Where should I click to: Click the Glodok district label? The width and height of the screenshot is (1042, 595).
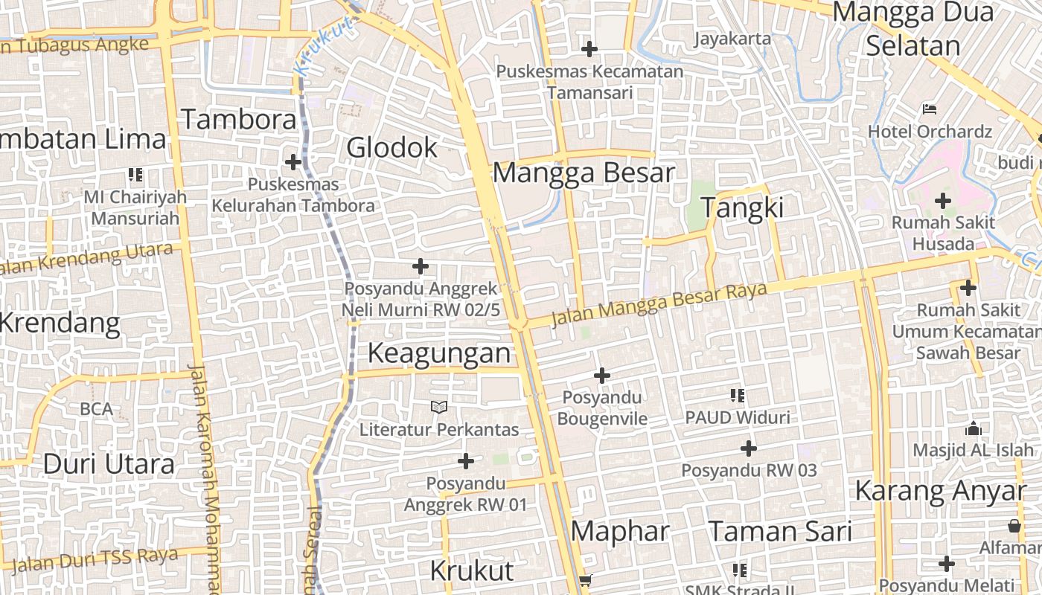tap(392, 148)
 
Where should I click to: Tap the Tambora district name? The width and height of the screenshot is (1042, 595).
tap(239, 119)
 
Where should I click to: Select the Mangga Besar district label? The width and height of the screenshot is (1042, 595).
tap(584, 173)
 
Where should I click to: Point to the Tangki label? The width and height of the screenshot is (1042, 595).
tap(742, 208)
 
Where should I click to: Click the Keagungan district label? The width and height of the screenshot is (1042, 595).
tap(439, 353)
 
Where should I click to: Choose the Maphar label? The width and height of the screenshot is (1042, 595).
tap(620, 531)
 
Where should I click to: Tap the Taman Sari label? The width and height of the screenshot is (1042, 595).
tap(780, 531)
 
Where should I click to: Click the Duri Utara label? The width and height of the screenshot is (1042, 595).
tap(109, 464)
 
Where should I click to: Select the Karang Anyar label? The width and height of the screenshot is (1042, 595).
tap(940, 491)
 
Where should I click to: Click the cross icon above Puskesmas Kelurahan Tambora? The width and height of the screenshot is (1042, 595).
tap(293, 161)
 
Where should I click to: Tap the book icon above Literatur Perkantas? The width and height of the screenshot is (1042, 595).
tap(439, 407)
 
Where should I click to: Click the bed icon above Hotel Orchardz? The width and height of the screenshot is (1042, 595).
tap(930, 109)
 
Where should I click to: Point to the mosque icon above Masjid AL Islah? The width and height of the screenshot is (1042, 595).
tap(973, 428)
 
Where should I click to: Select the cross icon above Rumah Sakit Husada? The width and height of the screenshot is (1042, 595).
tap(943, 200)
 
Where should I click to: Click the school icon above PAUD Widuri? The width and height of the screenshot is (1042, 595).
tap(738, 396)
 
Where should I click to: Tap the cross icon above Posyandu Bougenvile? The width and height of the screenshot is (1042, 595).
tap(601, 376)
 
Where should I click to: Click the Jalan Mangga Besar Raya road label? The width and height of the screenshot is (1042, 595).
tap(658, 304)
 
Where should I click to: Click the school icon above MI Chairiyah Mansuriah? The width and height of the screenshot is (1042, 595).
tap(135, 176)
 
